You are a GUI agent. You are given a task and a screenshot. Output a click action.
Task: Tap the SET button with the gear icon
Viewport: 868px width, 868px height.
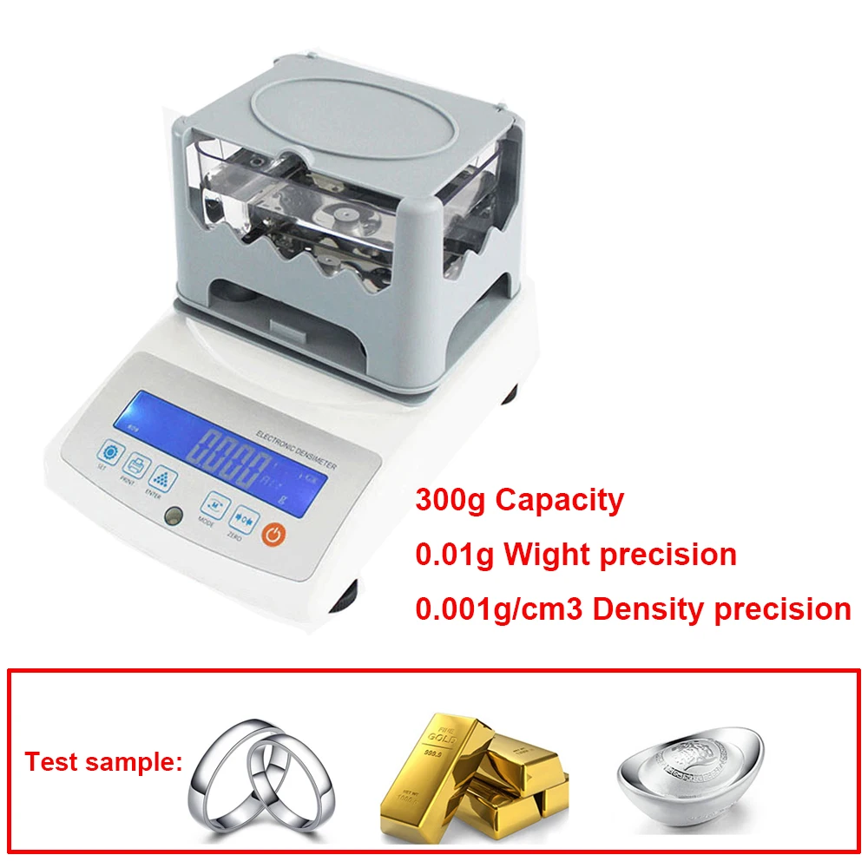(x=110, y=452)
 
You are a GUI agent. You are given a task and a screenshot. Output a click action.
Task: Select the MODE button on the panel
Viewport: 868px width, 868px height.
(x=216, y=503)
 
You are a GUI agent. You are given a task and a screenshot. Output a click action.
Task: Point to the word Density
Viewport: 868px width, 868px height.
(x=648, y=608)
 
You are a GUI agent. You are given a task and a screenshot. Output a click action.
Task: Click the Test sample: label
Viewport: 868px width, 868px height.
(x=103, y=763)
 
